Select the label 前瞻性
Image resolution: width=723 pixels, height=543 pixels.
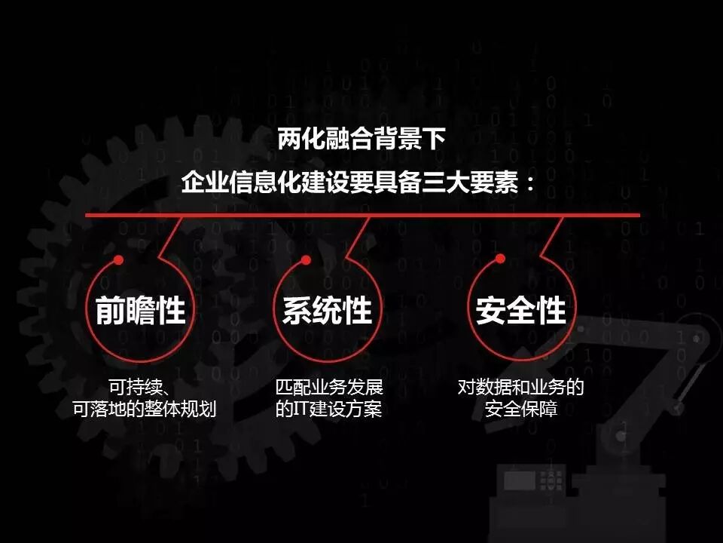click(x=141, y=311)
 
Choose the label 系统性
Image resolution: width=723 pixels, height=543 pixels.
click(x=328, y=311)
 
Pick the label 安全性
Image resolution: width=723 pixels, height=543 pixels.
click(x=520, y=311)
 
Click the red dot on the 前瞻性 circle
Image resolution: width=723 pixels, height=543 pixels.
click(x=118, y=260)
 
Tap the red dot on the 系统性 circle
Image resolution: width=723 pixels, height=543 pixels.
click(x=306, y=260)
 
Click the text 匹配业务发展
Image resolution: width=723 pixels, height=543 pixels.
click(x=329, y=389)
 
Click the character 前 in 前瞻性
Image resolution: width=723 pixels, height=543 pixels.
click(x=111, y=311)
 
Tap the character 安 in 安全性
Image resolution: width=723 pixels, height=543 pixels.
click(x=490, y=311)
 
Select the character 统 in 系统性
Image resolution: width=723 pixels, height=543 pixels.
click(x=328, y=311)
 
